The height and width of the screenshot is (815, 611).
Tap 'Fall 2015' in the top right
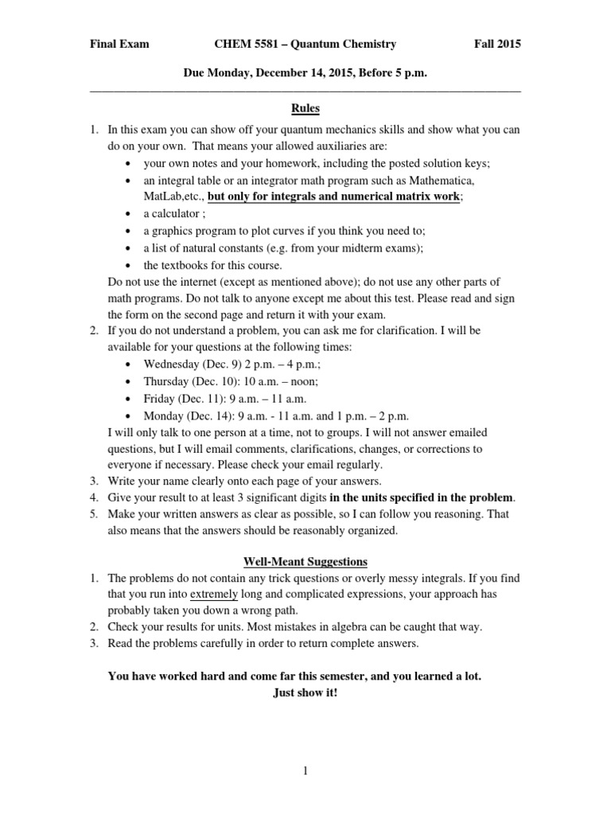pos(497,45)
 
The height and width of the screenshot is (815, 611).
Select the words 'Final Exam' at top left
pos(119,45)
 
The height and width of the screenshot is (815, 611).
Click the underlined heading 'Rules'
pos(305,108)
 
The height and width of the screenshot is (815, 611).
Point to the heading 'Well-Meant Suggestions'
pos(305,561)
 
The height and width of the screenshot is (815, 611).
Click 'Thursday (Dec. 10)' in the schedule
pos(189,381)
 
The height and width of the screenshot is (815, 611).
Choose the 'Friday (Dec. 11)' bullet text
pos(182,399)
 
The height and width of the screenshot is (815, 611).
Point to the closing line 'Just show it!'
pos(305,692)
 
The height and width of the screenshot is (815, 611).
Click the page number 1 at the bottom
pos(305,770)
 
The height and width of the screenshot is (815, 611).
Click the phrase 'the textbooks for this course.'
pos(212,266)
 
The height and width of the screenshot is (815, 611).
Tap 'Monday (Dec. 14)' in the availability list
pos(185,416)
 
